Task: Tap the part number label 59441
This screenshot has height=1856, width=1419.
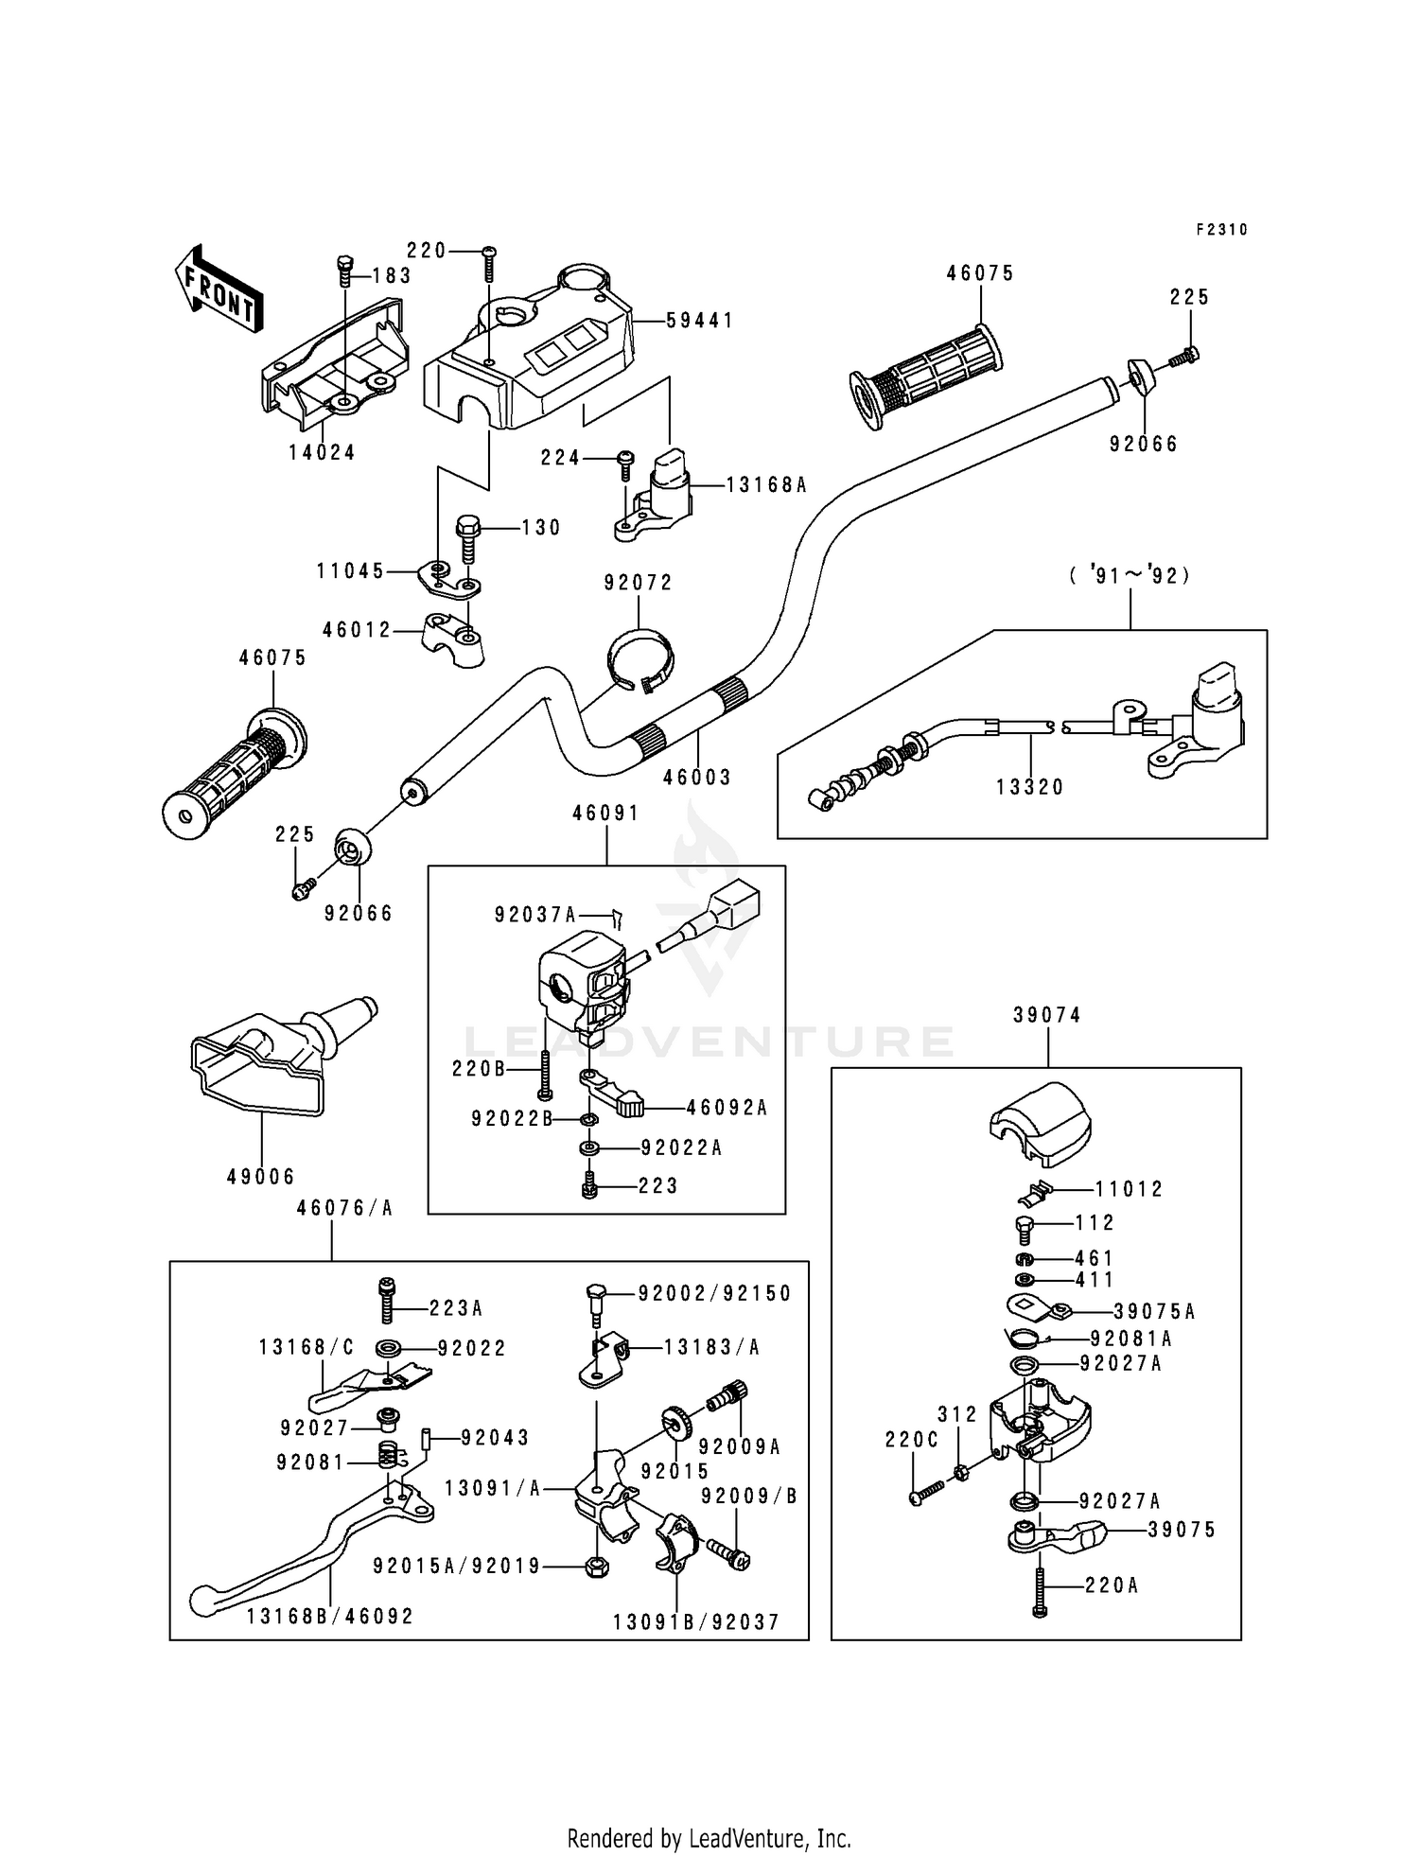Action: click(x=699, y=321)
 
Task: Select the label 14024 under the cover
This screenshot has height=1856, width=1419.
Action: click(x=322, y=452)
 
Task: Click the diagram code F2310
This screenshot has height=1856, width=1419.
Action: click(x=1221, y=229)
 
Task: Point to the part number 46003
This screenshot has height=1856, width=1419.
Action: click(x=697, y=778)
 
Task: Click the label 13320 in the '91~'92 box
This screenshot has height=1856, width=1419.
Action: click(x=1030, y=787)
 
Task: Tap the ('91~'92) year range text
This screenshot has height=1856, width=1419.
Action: click(x=1130, y=575)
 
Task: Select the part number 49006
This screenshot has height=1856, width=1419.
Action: click(x=261, y=1177)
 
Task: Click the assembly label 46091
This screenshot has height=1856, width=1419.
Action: click(x=605, y=813)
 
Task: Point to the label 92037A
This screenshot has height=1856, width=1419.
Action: click(x=534, y=915)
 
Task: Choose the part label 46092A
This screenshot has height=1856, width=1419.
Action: click(x=727, y=1107)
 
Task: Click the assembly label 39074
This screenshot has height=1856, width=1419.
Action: click(x=1046, y=1014)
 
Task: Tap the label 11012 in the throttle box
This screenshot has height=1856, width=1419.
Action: click(x=1130, y=1189)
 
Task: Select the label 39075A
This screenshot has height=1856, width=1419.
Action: click(x=1154, y=1311)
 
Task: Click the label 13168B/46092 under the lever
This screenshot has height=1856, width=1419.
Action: click(x=330, y=1617)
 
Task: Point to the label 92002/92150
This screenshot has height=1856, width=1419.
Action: click(x=714, y=1293)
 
